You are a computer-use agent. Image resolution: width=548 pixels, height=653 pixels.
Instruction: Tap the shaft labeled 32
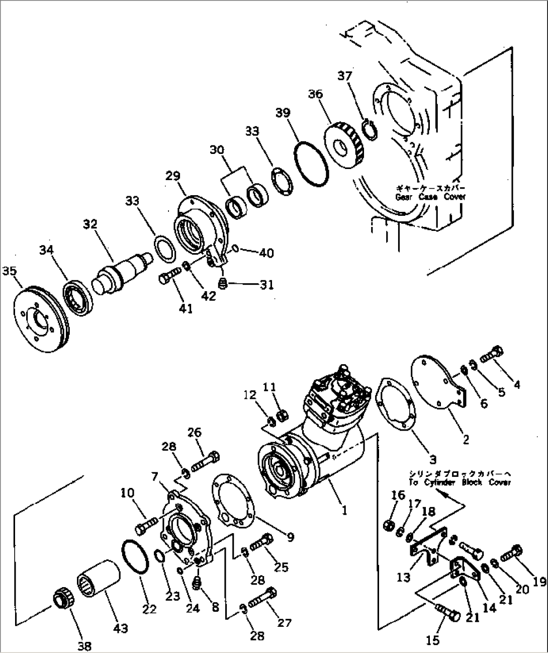123,271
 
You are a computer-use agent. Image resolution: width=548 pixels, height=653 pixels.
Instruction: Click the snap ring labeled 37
371,130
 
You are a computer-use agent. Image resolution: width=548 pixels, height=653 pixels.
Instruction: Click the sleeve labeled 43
99,579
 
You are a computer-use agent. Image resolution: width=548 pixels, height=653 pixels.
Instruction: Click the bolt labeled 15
446,611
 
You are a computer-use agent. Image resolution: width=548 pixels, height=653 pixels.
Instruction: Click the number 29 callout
172,176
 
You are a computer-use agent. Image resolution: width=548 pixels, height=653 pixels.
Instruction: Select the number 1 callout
344,510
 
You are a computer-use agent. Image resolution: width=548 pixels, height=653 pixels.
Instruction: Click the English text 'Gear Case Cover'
430,197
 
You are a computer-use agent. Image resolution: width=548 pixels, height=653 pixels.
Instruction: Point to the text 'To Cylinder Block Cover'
460,482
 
